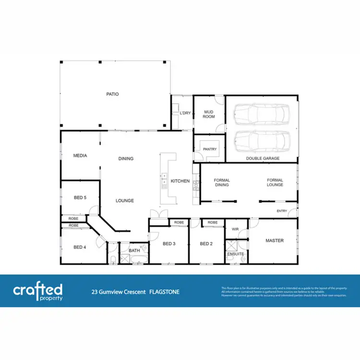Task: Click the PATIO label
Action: [112, 94]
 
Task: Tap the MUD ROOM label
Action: [209, 114]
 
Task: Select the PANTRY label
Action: [210, 149]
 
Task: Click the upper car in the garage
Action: [262, 114]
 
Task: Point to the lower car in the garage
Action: [262, 141]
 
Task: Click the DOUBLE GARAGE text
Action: [263, 158]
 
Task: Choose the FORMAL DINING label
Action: [222, 182]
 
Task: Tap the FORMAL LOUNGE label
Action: [275, 182]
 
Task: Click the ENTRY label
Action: [282, 211]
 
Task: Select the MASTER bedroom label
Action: [275, 240]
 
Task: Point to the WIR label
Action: [235, 229]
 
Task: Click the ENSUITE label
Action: [235, 253]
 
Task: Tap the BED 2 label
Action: [206, 244]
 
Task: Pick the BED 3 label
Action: [169, 244]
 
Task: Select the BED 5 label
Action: [80, 197]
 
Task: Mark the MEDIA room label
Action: [80, 156]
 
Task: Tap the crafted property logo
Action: [38, 291]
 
